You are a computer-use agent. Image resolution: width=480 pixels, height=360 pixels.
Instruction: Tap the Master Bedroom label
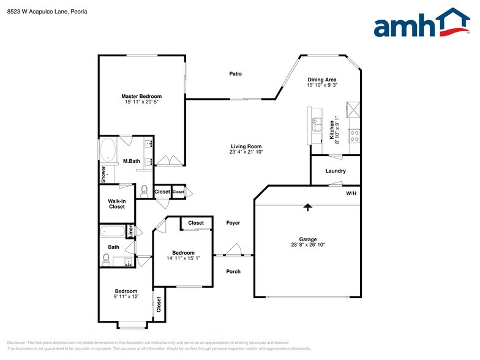point(141,97)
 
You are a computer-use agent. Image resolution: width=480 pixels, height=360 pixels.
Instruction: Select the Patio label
point(236,74)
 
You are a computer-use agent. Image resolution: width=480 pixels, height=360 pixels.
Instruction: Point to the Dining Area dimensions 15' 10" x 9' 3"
point(322,86)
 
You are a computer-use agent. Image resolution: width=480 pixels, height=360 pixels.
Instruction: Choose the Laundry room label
point(336,171)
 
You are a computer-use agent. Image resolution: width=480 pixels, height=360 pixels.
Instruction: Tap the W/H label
point(351,193)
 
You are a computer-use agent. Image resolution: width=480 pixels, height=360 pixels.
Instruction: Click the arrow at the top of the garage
point(308,208)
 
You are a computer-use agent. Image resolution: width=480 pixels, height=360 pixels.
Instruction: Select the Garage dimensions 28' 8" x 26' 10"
point(307,245)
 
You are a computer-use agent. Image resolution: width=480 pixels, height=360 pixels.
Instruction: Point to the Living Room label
point(246,146)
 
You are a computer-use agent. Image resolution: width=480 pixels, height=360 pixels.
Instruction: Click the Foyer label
point(233,223)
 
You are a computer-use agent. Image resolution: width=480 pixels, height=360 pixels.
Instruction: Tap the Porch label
point(233,271)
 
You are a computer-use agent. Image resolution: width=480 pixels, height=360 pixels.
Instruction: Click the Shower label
point(103,174)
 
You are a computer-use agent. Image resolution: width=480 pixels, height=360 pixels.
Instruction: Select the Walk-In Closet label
point(117,204)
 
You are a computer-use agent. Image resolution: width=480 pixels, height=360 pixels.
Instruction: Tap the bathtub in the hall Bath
point(112,231)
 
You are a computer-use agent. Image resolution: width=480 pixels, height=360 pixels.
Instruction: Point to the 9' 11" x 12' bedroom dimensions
point(126,296)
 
